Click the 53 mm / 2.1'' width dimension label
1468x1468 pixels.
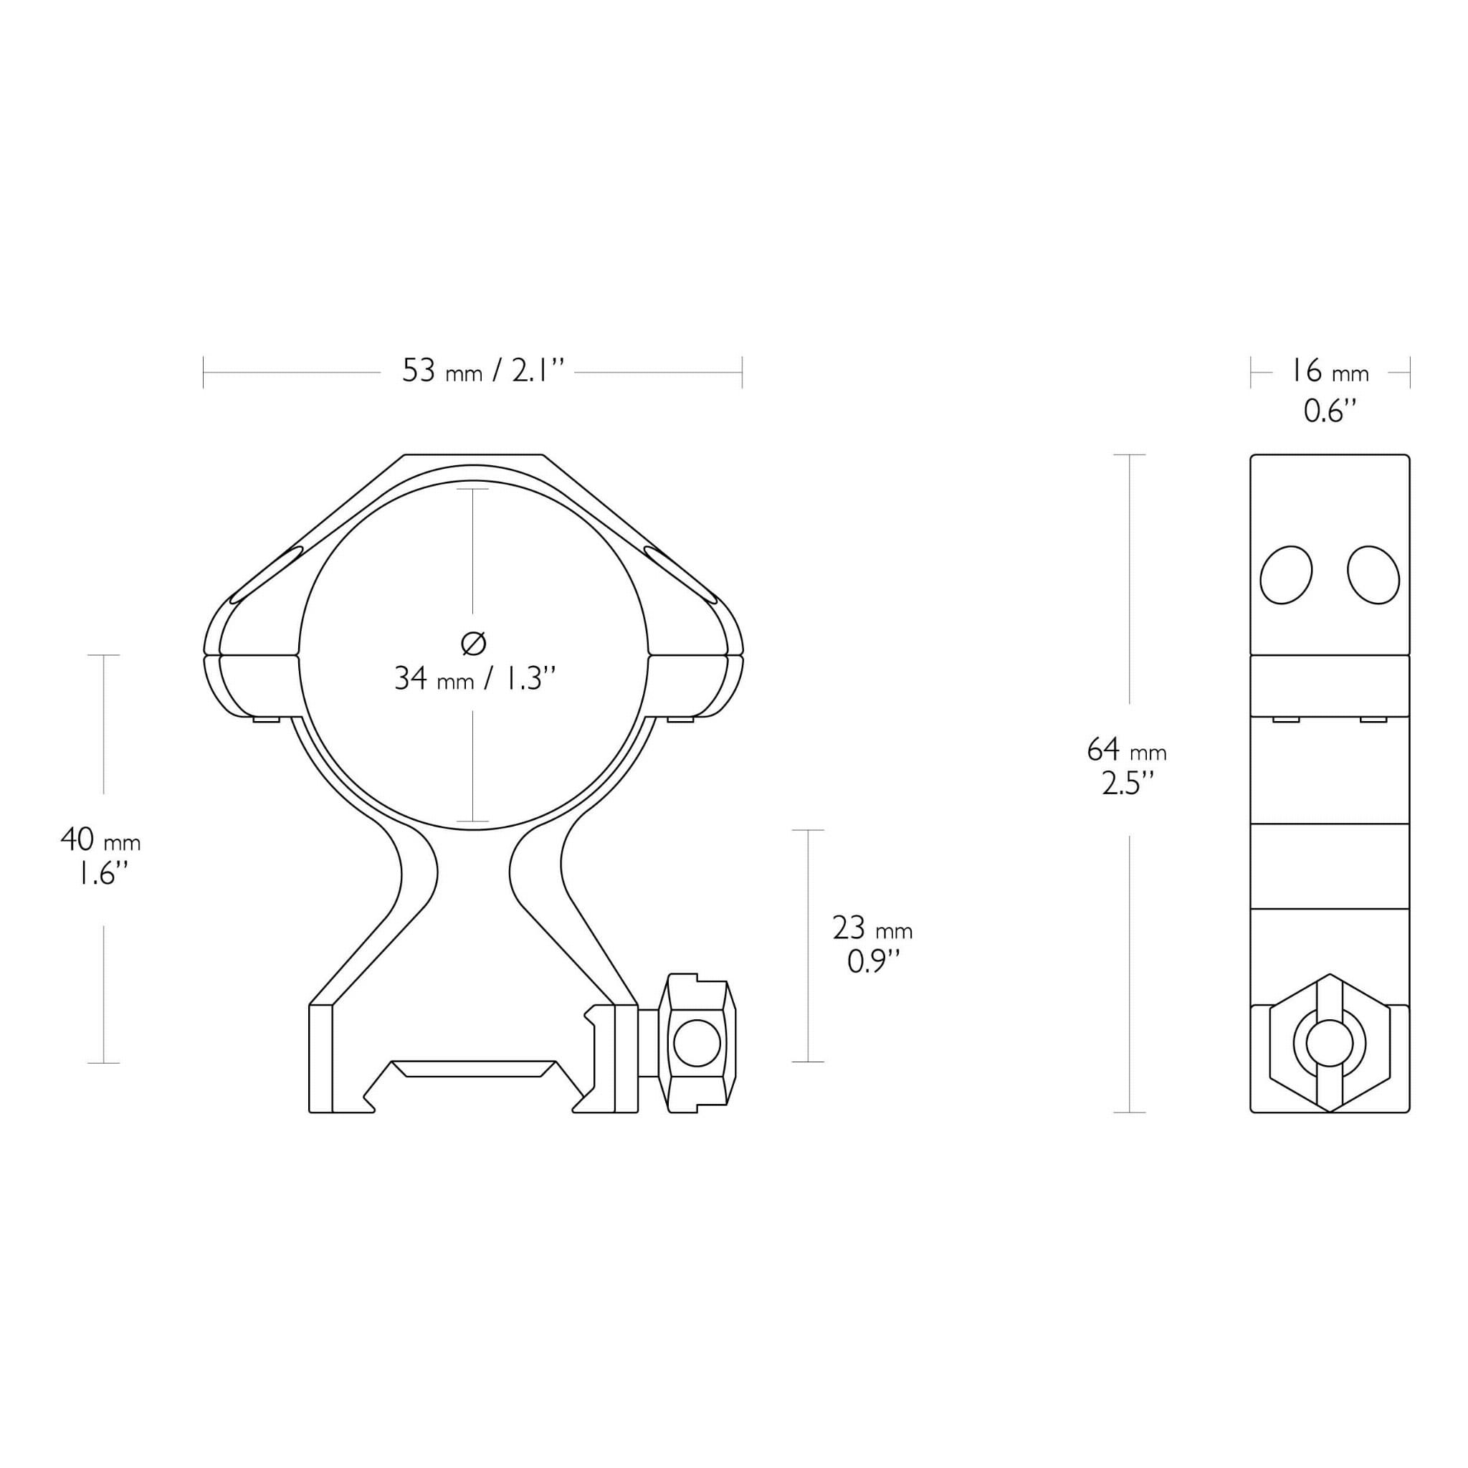(x=484, y=371)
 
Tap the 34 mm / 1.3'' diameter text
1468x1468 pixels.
(x=476, y=678)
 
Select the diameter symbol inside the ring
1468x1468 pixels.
(x=473, y=644)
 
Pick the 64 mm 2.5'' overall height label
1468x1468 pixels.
(x=1126, y=767)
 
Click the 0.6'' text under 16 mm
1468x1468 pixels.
(x=1330, y=411)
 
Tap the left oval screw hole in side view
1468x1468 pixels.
(x=1286, y=575)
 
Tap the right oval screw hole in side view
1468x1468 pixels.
(x=1373, y=575)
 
